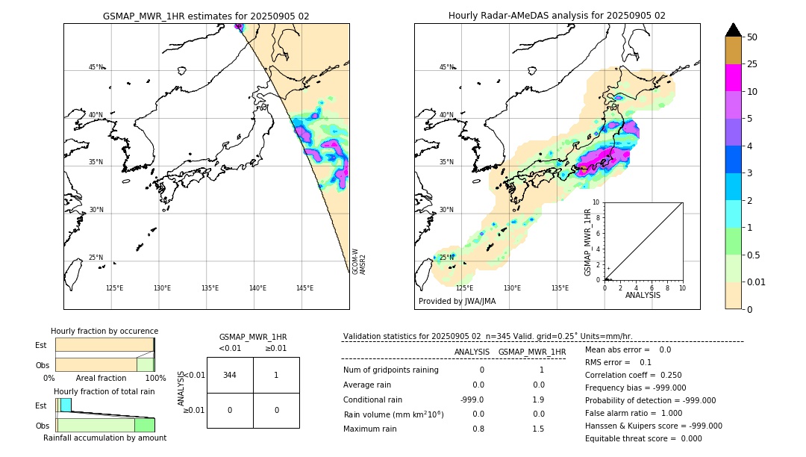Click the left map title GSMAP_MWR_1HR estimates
pos(206,16)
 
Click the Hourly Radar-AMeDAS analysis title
pos(557,16)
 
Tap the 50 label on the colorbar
pos(752,37)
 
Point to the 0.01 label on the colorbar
pos(757,282)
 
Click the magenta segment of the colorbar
pos(733,78)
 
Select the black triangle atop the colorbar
pos(733,30)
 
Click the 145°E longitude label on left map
pos(304,288)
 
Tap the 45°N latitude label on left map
pos(96,67)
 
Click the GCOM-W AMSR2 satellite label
pos(359,262)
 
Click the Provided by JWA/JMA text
pos(457,302)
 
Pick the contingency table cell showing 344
pos(230,375)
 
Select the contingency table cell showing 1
pos(276,375)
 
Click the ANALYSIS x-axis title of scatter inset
pos(643,295)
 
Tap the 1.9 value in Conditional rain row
pos(538,400)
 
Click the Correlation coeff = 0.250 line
pos(633,375)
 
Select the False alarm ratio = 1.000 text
pos(634,413)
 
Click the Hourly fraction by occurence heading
pos(104,331)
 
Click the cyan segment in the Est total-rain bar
pos(66,405)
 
